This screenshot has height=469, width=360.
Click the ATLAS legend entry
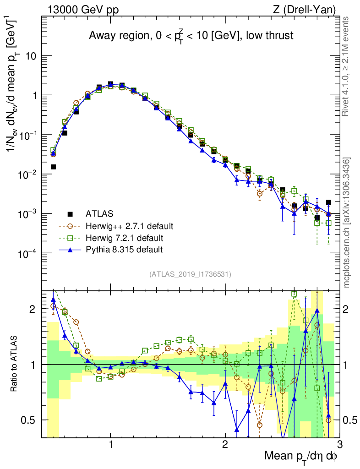point(98,214)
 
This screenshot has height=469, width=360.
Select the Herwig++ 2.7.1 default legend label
point(130,226)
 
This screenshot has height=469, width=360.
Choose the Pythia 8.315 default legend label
point(124,250)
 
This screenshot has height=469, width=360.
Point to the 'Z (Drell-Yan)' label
point(304,9)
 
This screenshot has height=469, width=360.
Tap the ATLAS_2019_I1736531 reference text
point(190,274)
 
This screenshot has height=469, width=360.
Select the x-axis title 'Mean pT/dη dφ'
point(301,456)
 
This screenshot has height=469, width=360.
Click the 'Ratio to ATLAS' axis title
point(15,364)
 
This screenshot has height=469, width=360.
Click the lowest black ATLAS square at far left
point(53,167)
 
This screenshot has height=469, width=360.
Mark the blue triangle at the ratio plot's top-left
point(53,300)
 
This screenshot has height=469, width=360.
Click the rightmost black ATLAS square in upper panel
point(328,202)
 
